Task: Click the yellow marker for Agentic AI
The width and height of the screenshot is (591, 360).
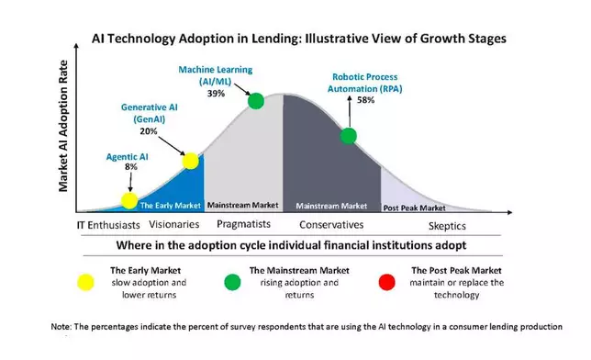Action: click(x=129, y=199)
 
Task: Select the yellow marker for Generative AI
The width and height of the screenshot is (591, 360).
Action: click(x=191, y=162)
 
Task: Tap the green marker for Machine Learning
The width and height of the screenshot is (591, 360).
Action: click(x=256, y=100)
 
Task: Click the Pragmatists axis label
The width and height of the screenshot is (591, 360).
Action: click(x=242, y=226)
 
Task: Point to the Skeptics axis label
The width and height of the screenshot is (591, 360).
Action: click(x=447, y=227)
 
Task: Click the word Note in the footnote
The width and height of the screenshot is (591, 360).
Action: click(x=62, y=326)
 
